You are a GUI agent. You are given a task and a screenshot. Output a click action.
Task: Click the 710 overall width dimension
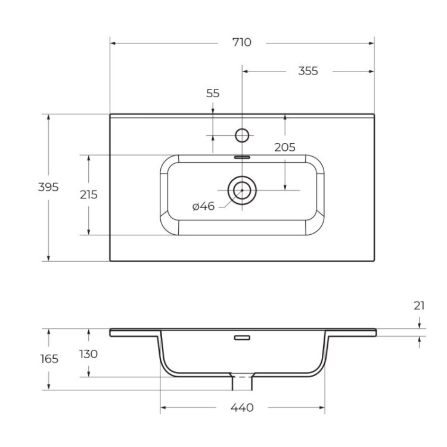(x=242, y=42)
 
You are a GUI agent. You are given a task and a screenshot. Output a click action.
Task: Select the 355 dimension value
(x=308, y=71)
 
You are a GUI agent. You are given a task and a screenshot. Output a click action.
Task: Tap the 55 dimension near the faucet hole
(x=213, y=93)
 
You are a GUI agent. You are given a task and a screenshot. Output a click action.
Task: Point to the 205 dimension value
(x=285, y=148)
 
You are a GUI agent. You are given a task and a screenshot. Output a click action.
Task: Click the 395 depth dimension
(x=49, y=187)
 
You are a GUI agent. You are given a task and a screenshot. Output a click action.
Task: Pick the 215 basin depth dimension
(x=89, y=194)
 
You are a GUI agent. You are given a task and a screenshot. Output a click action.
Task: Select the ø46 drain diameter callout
(x=203, y=206)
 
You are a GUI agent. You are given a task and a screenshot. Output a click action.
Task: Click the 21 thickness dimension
(x=419, y=306)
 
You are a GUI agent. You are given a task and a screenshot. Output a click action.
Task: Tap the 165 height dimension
(x=49, y=359)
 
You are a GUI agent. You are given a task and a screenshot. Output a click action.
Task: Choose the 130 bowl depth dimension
(x=89, y=353)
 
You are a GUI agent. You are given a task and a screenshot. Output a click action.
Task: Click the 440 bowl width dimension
(x=242, y=408)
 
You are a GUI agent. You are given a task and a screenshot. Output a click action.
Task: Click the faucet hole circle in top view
(x=242, y=135)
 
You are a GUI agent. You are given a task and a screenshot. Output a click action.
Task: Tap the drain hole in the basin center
(x=242, y=190)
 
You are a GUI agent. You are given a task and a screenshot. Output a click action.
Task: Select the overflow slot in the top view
(x=242, y=157)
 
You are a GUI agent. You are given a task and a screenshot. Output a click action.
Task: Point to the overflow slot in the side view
(x=242, y=338)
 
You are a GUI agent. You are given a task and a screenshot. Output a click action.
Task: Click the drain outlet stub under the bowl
(x=242, y=381)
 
